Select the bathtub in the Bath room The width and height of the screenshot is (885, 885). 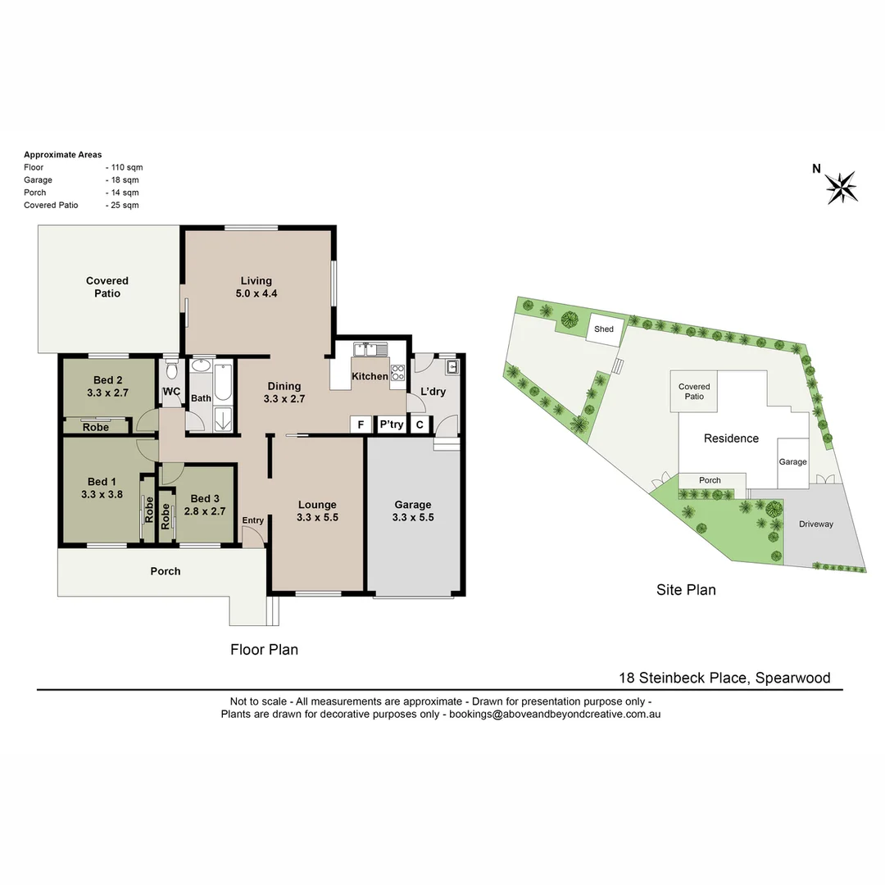[x=223, y=382]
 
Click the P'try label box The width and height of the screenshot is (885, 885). [x=391, y=424]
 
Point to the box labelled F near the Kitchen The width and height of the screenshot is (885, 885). [x=359, y=424]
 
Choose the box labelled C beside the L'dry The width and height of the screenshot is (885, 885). [x=420, y=424]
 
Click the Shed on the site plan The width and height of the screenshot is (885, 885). [x=604, y=329]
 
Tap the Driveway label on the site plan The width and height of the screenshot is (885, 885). [x=816, y=524]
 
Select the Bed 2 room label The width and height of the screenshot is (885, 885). [x=107, y=379]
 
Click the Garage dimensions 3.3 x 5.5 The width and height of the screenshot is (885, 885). [x=413, y=518]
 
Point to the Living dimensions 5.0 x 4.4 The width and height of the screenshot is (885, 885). [x=256, y=293]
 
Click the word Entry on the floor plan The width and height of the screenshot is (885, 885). [x=253, y=520]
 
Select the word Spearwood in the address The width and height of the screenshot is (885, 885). [x=792, y=678]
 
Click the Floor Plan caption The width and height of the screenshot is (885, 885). [x=264, y=650]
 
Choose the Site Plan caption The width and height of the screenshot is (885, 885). [x=686, y=589]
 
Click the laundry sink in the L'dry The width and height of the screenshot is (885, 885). [x=451, y=365]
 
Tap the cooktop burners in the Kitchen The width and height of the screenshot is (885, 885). [x=398, y=373]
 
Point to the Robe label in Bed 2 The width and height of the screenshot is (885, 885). [x=96, y=427]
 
